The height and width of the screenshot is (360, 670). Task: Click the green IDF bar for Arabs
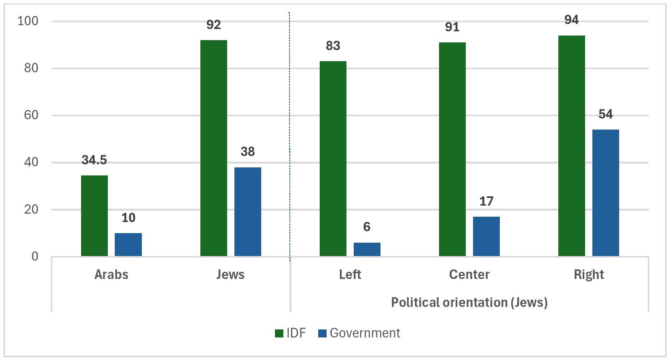click(94, 216)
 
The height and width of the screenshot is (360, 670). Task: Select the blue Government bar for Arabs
click(128, 245)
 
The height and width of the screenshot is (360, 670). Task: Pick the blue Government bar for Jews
click(247, 212)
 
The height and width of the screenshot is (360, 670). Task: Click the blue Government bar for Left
click(367, 249)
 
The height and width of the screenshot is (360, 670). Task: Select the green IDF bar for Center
click(452, 149)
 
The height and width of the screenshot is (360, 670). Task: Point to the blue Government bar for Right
click(605, 193)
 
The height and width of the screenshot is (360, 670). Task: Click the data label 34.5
click(94, 160)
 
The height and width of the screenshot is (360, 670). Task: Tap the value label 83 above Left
click(333, 46)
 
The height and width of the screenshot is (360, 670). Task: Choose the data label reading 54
click(605, 114)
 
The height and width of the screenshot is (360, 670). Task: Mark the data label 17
click(486, 201)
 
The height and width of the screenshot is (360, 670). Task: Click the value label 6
click(367, 227)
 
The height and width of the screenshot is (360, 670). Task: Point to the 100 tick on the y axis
click(28, 21)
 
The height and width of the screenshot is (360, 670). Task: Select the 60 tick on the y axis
click(31, 115)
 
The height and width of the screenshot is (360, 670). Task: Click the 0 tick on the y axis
click(35, 256)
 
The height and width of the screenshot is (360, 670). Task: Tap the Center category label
click(469, 274)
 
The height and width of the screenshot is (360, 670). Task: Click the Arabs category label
click(111, 274)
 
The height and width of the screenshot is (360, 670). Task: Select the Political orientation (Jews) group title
click(469, 302)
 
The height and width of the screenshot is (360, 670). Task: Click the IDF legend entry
click(291, 333)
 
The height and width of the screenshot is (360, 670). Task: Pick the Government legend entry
click(359, 333)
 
